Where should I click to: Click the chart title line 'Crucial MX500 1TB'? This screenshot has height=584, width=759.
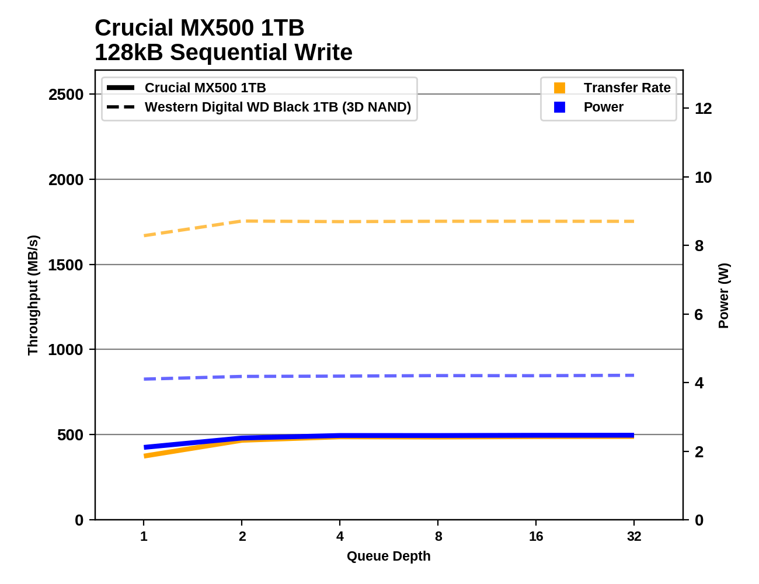click(x=199, y=28)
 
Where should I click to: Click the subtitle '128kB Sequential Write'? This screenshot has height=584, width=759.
click(x=223, y=53)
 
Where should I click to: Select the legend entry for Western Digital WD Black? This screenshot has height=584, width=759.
click(x=277, y=107)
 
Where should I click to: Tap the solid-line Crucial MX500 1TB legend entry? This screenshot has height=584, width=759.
click(x=205, y=88)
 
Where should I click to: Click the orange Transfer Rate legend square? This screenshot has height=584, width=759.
click(x=559, y=88)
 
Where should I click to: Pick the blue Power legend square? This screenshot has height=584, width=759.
click(x=559, y=107)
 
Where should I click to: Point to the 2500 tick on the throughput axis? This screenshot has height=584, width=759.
click(x=66, y=95)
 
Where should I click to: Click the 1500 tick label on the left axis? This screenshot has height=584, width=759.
click(x=66, y=265)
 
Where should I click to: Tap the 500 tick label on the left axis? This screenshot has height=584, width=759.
click(x=70, y=435)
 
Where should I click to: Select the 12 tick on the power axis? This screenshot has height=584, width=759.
click(x=703, y=109)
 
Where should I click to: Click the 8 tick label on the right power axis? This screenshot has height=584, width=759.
click(x=699, y=246)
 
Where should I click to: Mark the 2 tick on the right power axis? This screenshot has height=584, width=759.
click(x=699, y=451)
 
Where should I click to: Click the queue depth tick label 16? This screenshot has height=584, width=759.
click(x=536, y=536)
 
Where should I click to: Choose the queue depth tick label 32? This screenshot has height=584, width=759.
click(x=634, y=536)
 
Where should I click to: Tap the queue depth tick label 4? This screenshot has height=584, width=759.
click(x=340, y=536)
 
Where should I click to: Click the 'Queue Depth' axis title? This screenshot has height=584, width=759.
click(x=388, y=556)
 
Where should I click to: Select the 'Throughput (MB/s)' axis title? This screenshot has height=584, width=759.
click(x=33, y=295)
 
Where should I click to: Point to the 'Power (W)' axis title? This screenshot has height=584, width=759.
click(x=723, y=296)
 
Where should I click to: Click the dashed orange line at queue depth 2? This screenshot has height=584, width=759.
click(x=242, y=221)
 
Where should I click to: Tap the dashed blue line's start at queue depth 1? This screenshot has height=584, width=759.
click(x=144, y=379)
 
